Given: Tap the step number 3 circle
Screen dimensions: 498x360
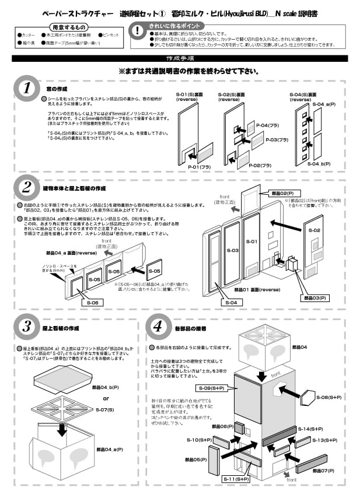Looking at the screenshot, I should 27,327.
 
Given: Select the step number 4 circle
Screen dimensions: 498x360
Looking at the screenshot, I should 158,327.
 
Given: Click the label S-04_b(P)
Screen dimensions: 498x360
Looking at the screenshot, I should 317,164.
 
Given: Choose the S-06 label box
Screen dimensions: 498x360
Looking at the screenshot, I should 93,303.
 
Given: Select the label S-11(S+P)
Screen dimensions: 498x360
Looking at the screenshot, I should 237,479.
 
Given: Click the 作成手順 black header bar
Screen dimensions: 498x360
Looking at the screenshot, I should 180,59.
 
